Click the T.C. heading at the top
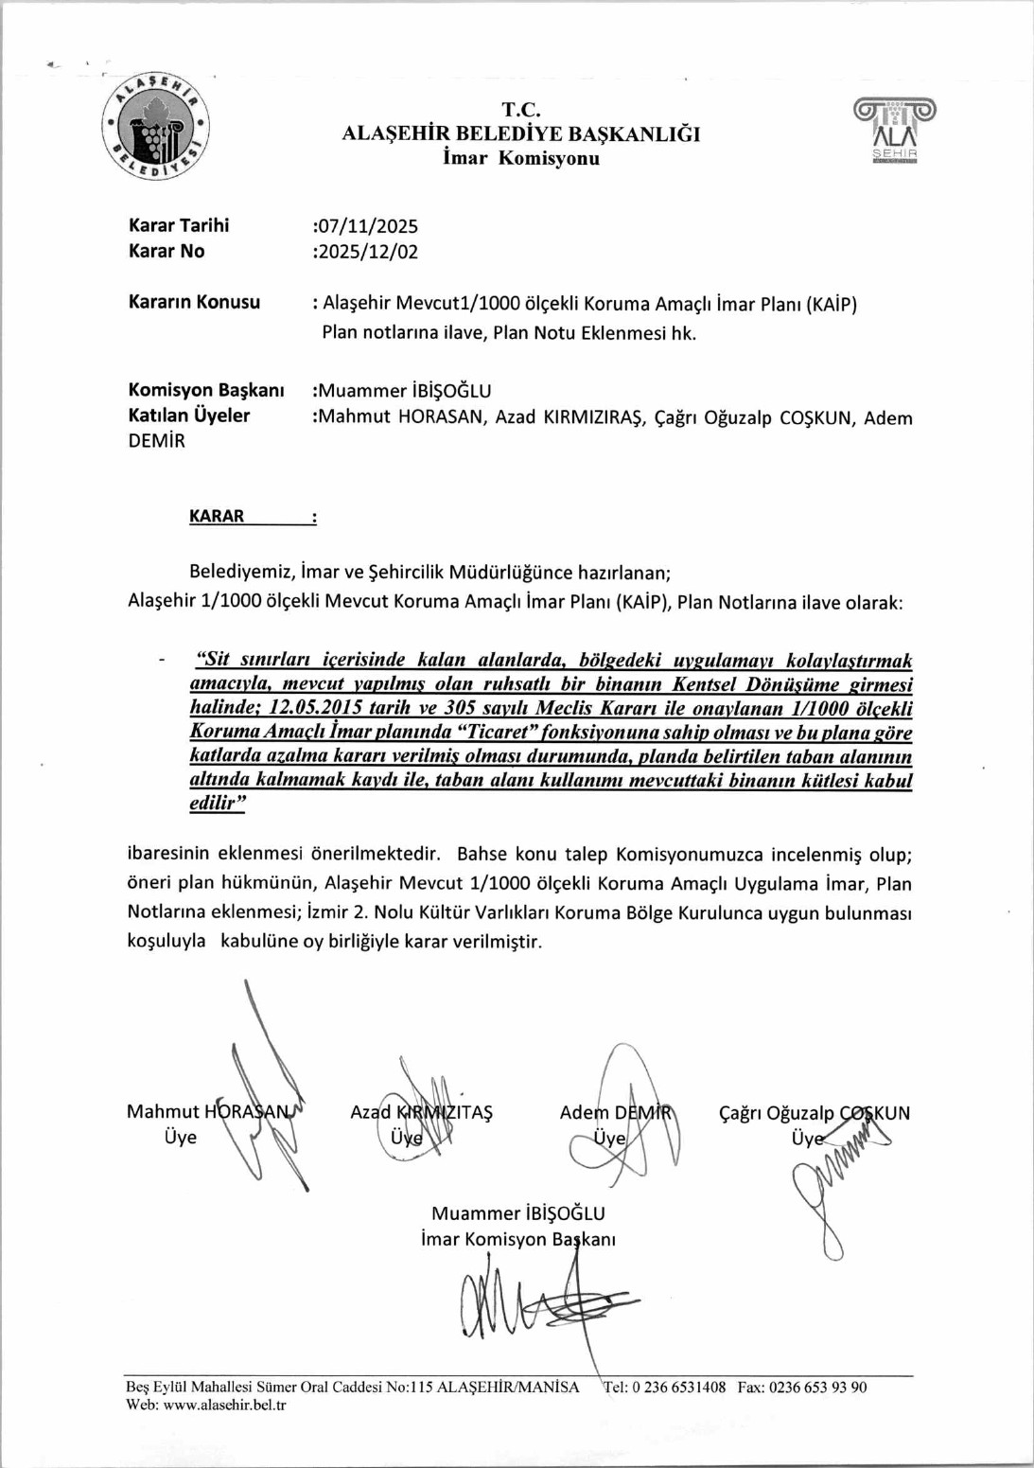(520, 110)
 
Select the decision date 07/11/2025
(367, 226)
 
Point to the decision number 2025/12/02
(367, 252)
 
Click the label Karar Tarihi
(179, 225)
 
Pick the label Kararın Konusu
(194, 302)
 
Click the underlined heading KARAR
(217, 516)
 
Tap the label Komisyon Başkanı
(206, 390)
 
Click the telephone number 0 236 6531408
(678, 1388)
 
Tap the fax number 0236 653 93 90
(817, 1388)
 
